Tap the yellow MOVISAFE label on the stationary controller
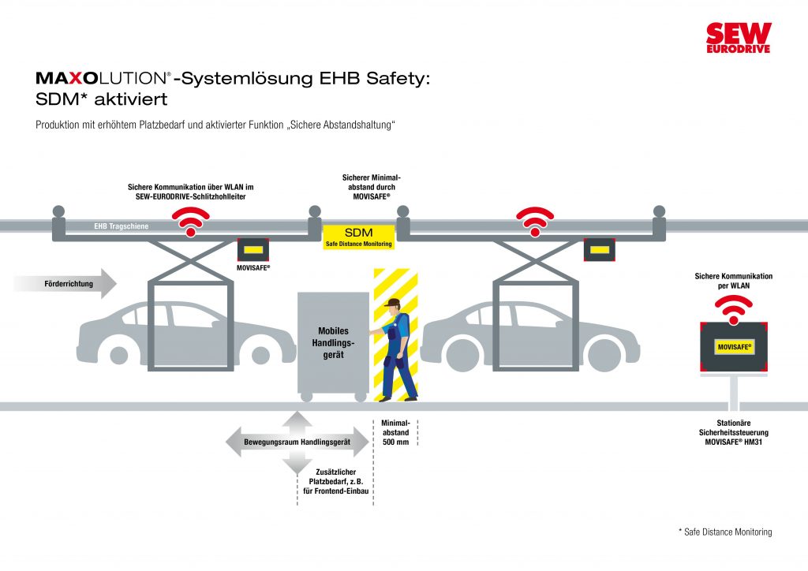734,346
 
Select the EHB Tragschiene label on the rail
116,226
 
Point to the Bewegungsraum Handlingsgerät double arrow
297,442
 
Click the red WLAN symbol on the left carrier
189,220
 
